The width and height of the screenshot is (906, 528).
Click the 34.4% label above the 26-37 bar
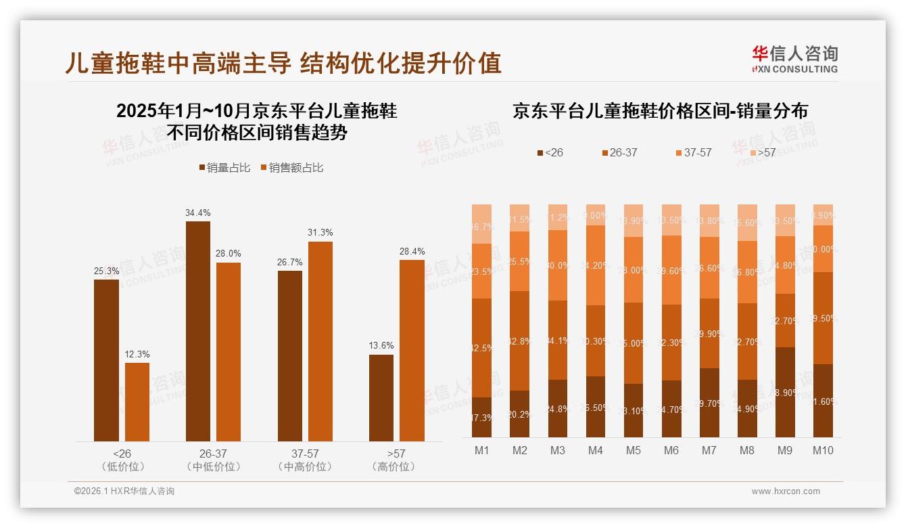[197, 213]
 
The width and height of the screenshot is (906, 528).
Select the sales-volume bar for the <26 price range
[106, 360]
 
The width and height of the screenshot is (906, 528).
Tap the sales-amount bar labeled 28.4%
[412, 350]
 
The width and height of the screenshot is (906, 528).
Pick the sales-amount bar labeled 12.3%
[137, 402]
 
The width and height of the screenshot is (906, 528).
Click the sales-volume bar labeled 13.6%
[381, 397]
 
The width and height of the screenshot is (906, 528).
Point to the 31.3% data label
[320, 233]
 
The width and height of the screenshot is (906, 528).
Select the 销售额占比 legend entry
[291, 168]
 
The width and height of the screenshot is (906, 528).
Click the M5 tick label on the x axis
[633, 451]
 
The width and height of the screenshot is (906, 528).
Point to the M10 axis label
[822, 451]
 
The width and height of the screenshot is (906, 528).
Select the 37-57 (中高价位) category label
[305, 460]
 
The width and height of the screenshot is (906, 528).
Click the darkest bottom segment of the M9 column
[785, 392]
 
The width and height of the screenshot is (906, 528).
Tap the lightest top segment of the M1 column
[482, 223]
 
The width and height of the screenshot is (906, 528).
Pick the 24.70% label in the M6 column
[671, 408]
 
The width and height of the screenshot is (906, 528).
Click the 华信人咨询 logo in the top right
[794, 59]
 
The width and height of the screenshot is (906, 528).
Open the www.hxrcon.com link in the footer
[786, 491]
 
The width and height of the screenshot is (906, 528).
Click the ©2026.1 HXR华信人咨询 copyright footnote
[124, 491]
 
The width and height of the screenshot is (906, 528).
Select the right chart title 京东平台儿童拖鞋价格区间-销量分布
[660, 111]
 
